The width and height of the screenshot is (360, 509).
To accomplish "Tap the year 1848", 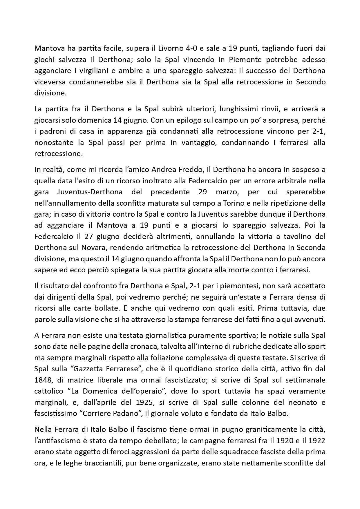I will (42, 380).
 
